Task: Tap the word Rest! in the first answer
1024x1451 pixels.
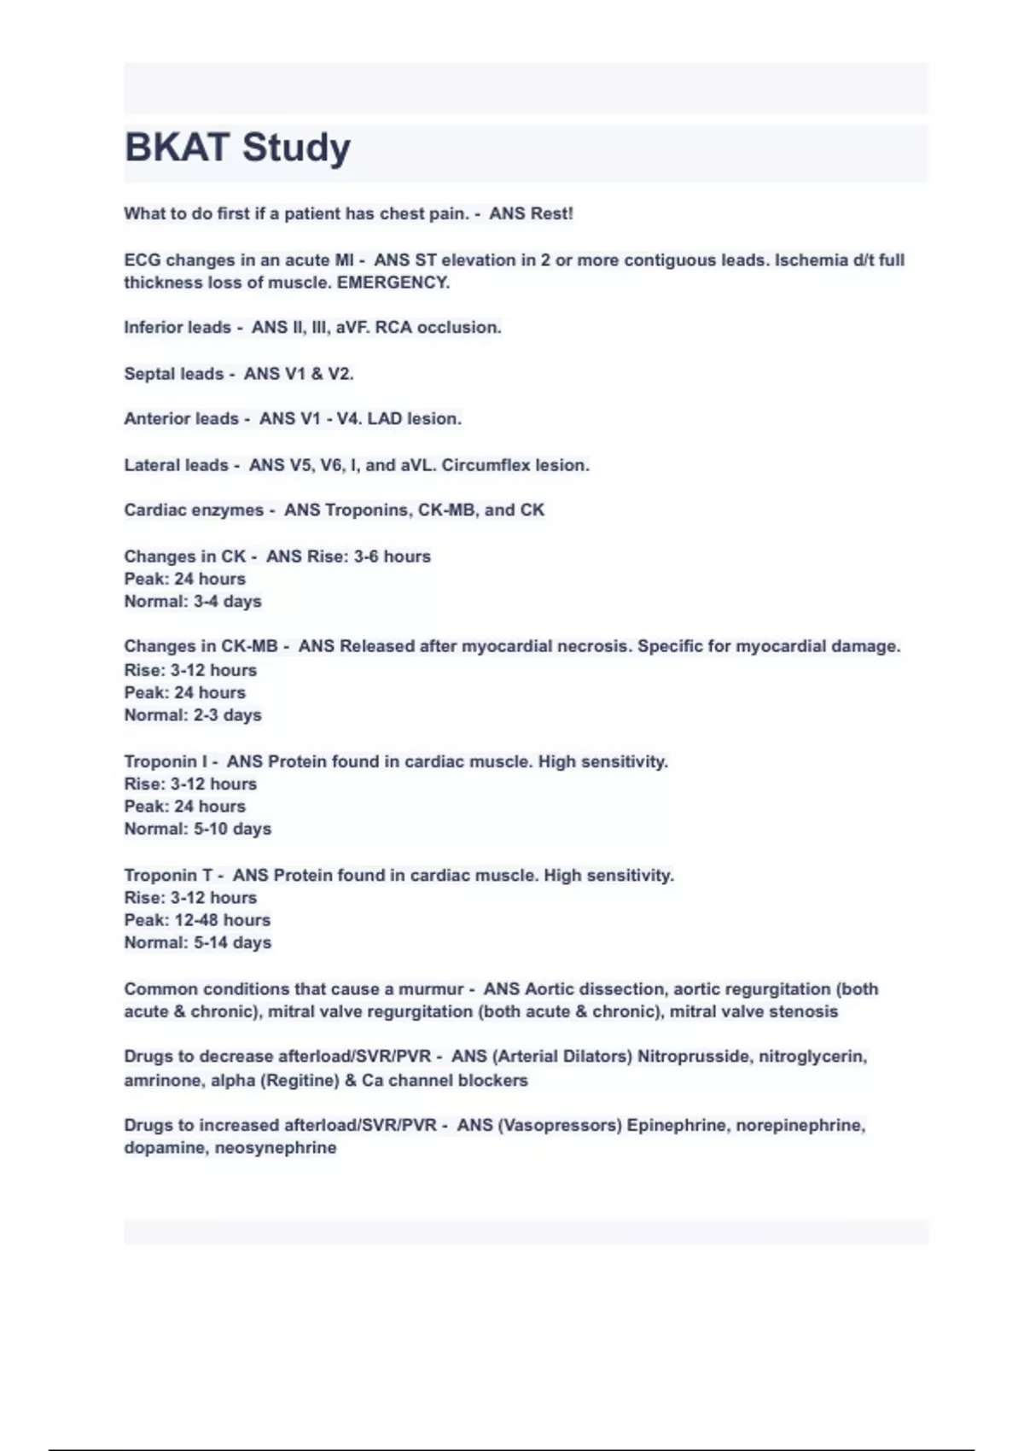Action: click(x=551, y=213)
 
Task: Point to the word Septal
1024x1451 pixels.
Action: click(x=149, y=374)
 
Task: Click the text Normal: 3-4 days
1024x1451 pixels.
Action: click(x=193, y=602)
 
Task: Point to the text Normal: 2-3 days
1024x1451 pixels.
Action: click(x=193, y=715)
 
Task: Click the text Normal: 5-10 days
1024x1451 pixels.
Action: click(x=198, y=829)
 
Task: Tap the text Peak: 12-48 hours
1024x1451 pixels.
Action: click(x=197, y=920)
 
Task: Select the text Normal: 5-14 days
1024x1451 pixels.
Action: click(x=198, y=943)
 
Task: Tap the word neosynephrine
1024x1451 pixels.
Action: click(x=275, y=1148)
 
